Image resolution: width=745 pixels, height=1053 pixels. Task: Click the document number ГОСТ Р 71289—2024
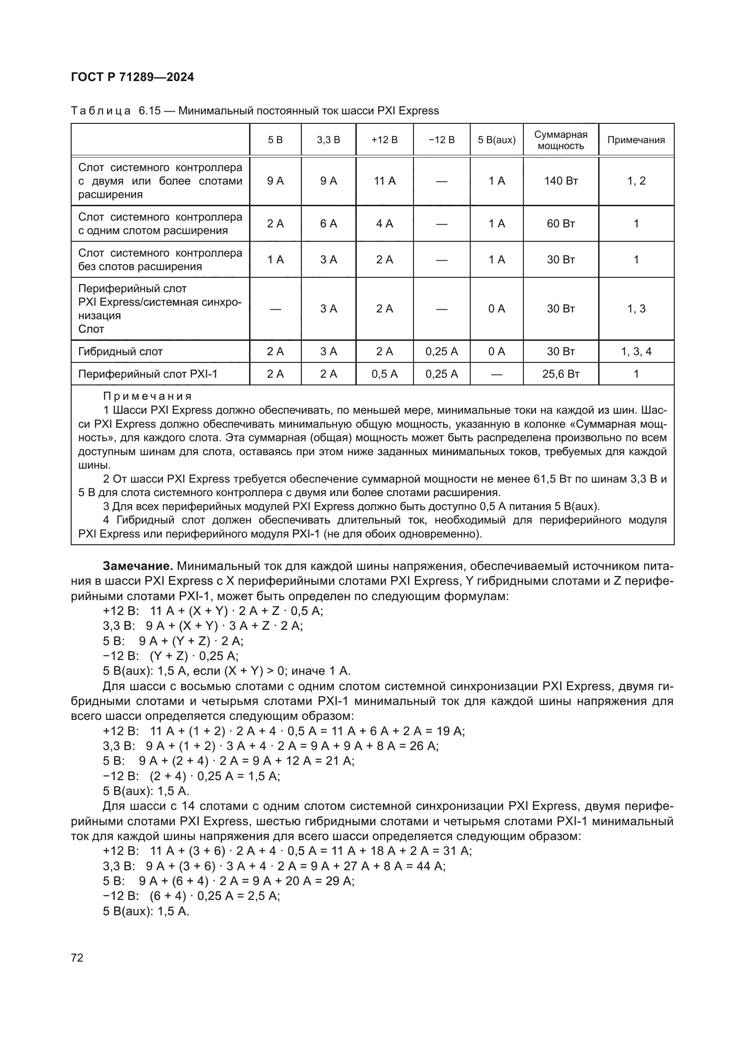pos(132,77)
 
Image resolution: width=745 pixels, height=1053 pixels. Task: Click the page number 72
pos(77,958)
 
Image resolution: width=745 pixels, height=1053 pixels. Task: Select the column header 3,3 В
pos(328,140)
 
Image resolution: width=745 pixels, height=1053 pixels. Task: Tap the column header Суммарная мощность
pos(561,140)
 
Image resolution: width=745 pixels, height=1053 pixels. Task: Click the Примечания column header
pos(636,140)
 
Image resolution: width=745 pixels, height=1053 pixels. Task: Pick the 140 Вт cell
pos(561,181)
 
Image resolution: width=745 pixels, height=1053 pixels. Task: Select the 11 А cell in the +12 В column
pos(384,181)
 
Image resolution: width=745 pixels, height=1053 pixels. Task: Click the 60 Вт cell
pos(561,224)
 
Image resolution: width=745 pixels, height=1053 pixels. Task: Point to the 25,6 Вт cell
pos(561,374)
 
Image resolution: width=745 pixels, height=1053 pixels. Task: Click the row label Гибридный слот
pos(121,352)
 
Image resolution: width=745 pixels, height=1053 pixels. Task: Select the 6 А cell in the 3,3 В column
pos(328,224)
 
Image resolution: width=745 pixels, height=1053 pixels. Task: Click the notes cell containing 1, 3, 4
pos(636,352)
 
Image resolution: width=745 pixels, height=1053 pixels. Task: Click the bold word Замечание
pos(137,566)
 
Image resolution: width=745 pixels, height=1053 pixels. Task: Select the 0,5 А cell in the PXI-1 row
pos(384,374)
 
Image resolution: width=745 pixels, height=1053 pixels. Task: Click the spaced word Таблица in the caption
pos(101,111)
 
